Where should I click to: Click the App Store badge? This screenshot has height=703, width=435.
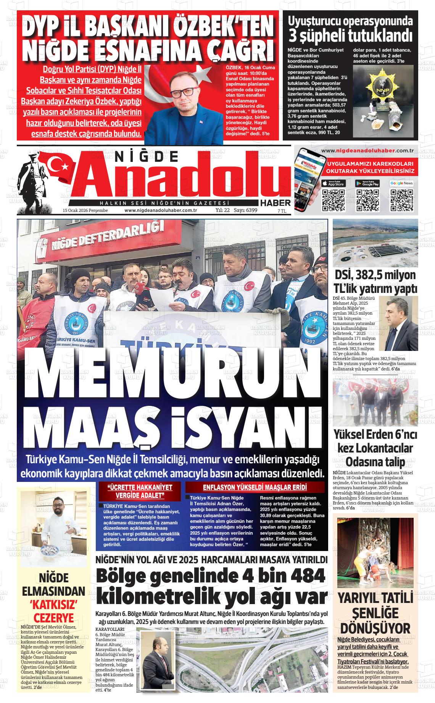(334, 183)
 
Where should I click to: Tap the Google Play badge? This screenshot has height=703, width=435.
(367, 183)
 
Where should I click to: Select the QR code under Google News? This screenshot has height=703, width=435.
(401, 200)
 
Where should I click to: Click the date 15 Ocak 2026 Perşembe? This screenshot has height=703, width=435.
(85, 210)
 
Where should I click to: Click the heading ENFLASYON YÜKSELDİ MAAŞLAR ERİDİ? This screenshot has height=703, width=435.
(255, 487)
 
